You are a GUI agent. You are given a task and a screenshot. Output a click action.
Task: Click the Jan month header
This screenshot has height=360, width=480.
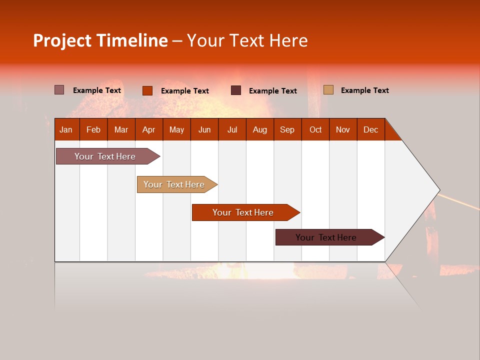tap(66, 129)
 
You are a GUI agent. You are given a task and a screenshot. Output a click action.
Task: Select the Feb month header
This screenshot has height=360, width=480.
tap(93, 129)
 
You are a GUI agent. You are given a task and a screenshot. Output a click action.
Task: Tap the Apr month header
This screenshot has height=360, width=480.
tap(148, 129)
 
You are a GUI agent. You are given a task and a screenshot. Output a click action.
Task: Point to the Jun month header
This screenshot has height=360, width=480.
tap(204, 129)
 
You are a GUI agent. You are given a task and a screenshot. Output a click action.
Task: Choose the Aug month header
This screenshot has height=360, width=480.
tap(259, 129)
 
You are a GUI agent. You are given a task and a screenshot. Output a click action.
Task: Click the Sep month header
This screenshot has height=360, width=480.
tap(287, 129)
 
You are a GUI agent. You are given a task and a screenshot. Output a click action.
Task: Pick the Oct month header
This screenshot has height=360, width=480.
tap(315, 129)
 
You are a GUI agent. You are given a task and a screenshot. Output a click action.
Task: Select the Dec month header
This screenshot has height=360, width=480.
tap(370, 129)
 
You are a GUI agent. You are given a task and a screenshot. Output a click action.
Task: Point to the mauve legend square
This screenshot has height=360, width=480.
tap(59, 90)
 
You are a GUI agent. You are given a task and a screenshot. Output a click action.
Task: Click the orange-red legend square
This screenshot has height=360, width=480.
tap(147, 90)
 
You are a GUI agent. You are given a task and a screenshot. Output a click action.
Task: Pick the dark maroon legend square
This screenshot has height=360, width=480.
tap(236, 90)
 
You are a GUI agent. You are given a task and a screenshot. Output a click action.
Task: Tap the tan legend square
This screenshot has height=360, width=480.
tap(328, 90)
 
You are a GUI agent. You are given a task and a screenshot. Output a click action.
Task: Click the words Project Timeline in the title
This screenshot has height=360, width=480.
tap(100, 40)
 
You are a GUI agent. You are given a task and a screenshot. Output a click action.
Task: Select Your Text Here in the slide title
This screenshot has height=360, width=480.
tap(247, 40)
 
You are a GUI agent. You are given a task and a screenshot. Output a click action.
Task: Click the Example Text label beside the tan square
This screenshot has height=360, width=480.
tap(364, 90)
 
